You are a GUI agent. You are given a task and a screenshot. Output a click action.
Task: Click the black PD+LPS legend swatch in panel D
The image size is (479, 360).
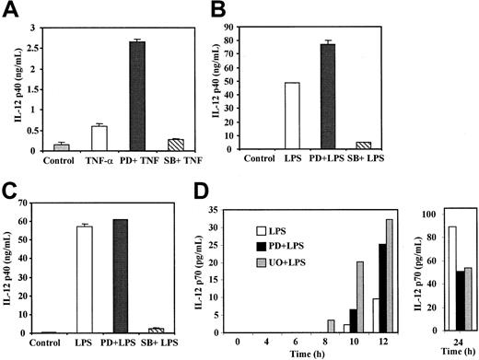click(264, 249)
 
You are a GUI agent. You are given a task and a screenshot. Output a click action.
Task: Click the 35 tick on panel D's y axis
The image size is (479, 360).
click(218, 209)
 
